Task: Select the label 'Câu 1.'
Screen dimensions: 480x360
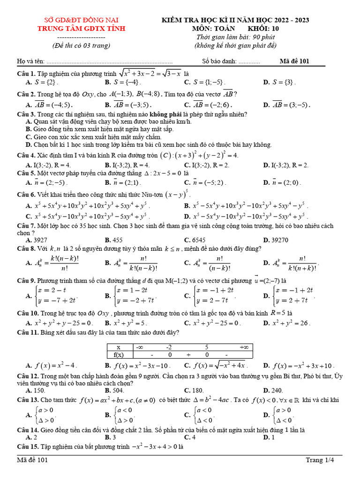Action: pyautogui.click(x=26, y=74)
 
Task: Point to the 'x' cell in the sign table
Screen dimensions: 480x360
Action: pyautogui.click(x=118, y=347)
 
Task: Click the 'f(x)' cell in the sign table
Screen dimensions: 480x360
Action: pyautogui.click(x=118, y=355)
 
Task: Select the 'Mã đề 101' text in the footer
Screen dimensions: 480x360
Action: pyautogui.click(x=32, y=460)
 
